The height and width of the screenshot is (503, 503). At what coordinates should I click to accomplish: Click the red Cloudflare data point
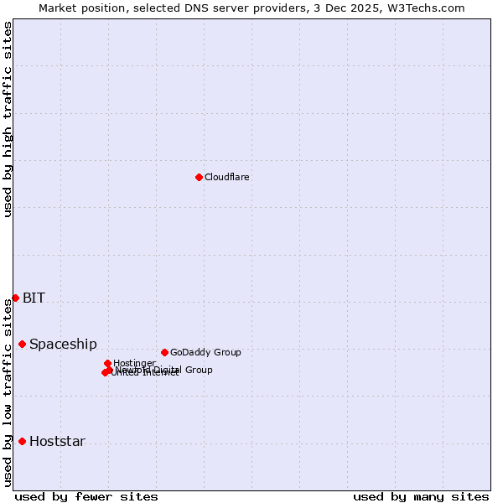[x=199, y=177]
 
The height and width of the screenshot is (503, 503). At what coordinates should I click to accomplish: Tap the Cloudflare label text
[x=226, y=177]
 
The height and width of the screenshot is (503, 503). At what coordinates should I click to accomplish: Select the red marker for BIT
[x=15, y=298]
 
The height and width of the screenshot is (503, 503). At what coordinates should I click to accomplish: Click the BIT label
[x=34, y=298]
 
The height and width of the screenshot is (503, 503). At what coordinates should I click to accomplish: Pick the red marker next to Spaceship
[x=23, y=344]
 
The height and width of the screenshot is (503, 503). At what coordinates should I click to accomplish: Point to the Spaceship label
[x=63, y=344]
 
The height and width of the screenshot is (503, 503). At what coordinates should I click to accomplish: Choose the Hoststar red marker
[x=23, y=441]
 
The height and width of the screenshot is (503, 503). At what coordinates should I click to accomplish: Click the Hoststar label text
[x=57, y=441]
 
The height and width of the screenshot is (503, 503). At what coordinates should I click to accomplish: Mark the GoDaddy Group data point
[x=164, y=352]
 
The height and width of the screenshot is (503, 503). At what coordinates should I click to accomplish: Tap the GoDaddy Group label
[x=205, y=352]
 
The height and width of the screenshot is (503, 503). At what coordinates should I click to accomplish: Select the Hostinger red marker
[x=107, y=363]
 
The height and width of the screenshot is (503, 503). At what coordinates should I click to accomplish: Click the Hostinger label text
[x=134, y=363]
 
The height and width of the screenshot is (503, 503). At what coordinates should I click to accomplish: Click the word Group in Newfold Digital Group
[x=198, y=369]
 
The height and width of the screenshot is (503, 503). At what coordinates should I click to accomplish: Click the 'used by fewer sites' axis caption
[x=86, y=496]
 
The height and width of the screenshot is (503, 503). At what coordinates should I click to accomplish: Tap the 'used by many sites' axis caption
[x=421, y=496]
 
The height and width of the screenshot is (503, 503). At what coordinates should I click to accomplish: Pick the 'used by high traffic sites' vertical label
[x=8, y=119]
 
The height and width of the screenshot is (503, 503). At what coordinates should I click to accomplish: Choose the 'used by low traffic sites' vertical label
[x=8, y=392]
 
